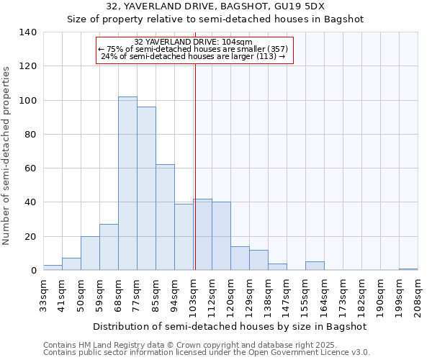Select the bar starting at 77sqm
(146, 189)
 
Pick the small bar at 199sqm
(408, 269)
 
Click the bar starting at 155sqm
(315, 266)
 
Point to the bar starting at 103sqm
(202, 235)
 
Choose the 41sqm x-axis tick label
(62, 294)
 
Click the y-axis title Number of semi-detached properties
(7, 155)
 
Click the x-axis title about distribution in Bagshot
(230, 326)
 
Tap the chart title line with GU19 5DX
(215, 6)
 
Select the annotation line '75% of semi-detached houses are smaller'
(194, 49)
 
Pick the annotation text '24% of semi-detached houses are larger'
(194, 56)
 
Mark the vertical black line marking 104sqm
(195, 166)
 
